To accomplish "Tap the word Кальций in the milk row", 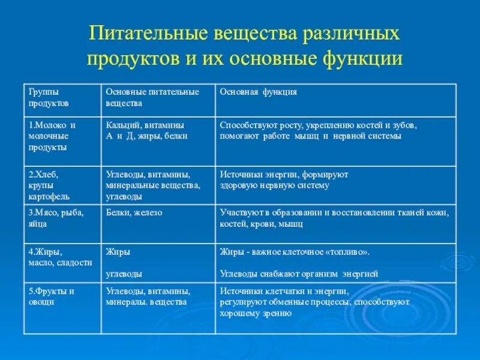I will pyautogui.click(x=121, y=125).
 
